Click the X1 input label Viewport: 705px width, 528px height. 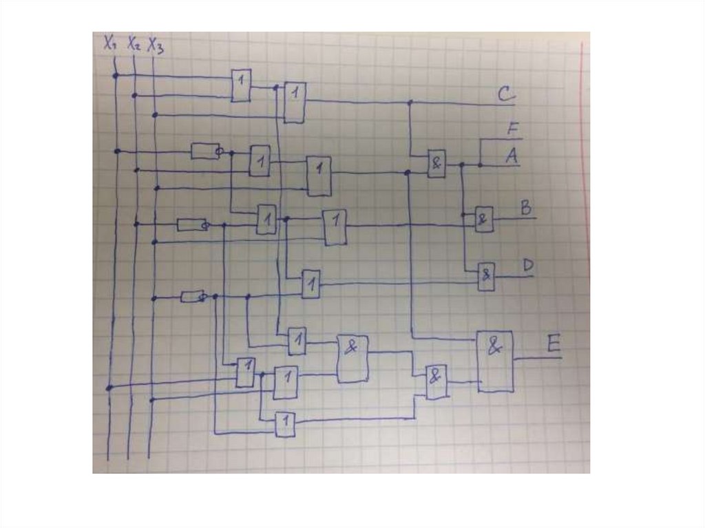pos(110,43)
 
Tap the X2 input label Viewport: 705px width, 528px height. pos(134,45)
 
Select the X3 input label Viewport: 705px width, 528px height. pos(156,45)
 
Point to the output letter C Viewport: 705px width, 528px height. pos(506,94)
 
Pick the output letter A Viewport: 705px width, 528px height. pos(511,156)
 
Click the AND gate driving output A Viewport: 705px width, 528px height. pos(436,164)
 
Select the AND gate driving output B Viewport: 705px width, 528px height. pos(484,219)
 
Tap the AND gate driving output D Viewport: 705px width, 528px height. pos(487,276)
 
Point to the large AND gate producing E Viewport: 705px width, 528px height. pos(495,361)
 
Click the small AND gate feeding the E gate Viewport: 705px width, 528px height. pos(436,381)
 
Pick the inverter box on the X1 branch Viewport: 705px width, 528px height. pos(204,151)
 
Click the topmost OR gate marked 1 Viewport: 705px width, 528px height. pos(241,85)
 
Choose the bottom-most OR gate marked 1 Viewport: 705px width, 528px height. pos(285,424)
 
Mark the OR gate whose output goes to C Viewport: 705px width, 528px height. pos(295,103)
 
